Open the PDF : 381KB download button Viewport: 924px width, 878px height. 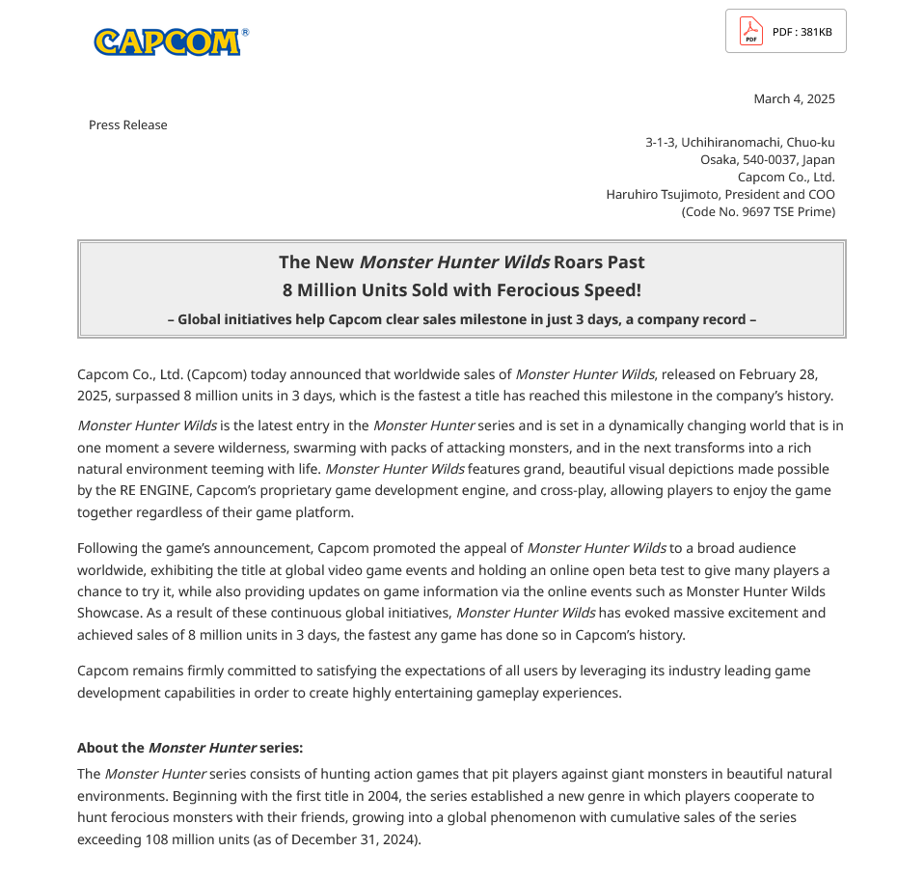(x=785, y=32)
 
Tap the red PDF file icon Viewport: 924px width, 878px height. (x=751, y=32)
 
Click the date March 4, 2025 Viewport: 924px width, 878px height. (x=794, y=98)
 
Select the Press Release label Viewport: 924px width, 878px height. (x=127, y=124)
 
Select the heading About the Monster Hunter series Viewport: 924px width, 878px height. (x=190, y=748)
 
